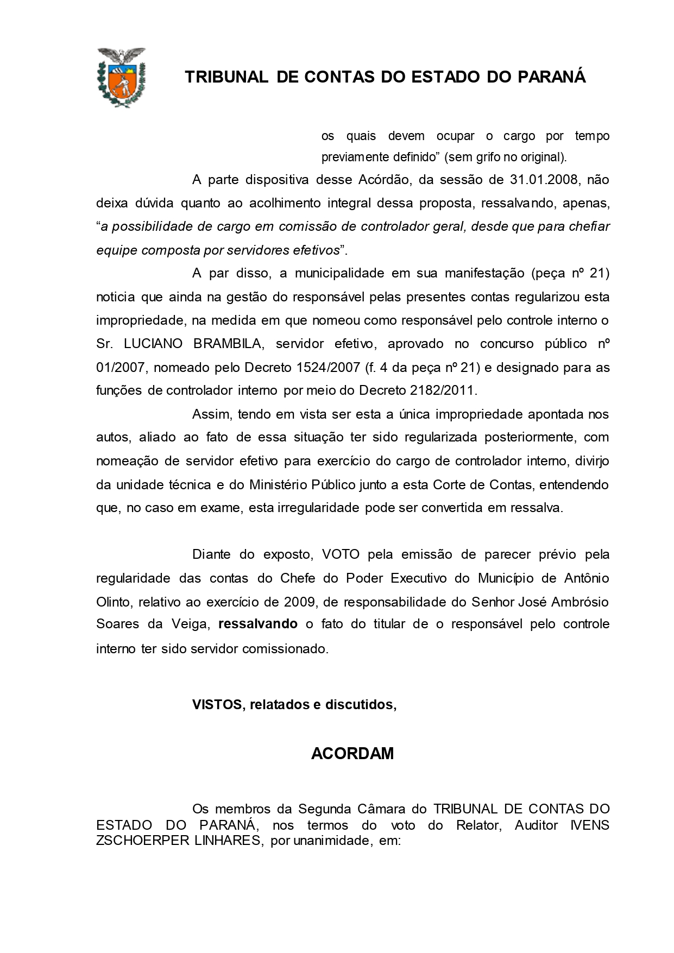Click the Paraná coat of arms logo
pyautogui.click(x=121, y=77)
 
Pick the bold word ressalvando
pyautogui.click(x=257, y=624)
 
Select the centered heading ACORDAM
pyautogui.click(x=352, y=754)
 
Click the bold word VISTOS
pyautogui.click(x=216, y=704)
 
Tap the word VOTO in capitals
pyautogui.click(x=341, y=554)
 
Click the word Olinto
pyautogui.click(x=113, y=602)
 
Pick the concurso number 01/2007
pyautogui.click(x=121, y=367)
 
